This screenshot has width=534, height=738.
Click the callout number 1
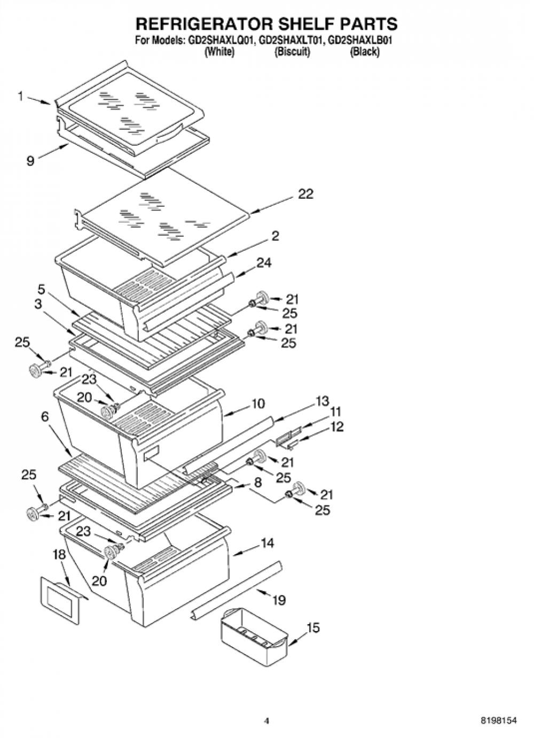coord(21,96)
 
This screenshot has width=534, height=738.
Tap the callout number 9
coord(30,161)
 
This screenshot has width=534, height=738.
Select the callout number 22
coord(305,194)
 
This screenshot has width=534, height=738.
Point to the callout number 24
coord(264,263)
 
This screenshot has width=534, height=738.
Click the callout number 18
coord(59,555)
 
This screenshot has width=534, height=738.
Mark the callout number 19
coord(279,600)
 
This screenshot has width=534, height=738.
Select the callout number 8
coord(257,483)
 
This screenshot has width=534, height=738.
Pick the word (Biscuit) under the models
coord(292,52)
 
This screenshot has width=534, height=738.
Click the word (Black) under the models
coord(365,52)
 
